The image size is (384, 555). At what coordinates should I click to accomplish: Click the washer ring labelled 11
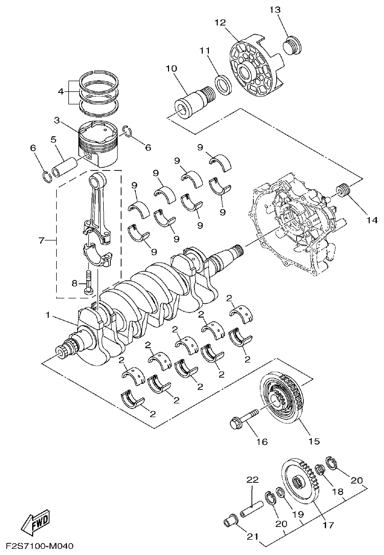pyautogui.click(x=223, y=84)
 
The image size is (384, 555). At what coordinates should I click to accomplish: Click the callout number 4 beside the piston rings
pyautogui.click(x=61, y=92)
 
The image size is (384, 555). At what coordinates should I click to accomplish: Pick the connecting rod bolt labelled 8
pyautogui.click(x=89, y=281)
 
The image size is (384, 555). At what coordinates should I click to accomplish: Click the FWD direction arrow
pyautogui.click(x=35, y=521)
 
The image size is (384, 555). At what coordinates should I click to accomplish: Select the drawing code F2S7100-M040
pyautogui.click(x=37, y=547)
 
